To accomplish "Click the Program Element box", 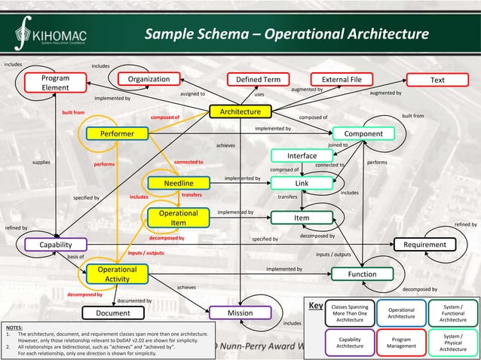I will pyautogui.click(x=56, y=84).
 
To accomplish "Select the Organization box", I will pyautogui.click(x=148, y=79).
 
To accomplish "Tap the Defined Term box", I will pyautogui.click(x=258, y=79).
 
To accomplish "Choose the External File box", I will pyautogui.click(x=342, y=79).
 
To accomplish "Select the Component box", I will pyautogui.click(x=364, y=133).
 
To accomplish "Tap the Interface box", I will pyautogui.click(x=302, y=155).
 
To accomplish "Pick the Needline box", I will pyautogui.click(x=179, y=184).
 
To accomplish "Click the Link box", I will pyautogui.click(x=302, y=184).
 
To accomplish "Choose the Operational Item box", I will pyautogui.click(x=179, y=218).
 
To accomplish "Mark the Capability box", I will pyautogui.click(x=56, y=245).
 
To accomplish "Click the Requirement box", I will pyautogui.click(x=424, y=245).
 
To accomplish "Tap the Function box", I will pyautogui.click(x=362, y=275).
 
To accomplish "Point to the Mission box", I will pyautogui.click(x=240, y=313).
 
